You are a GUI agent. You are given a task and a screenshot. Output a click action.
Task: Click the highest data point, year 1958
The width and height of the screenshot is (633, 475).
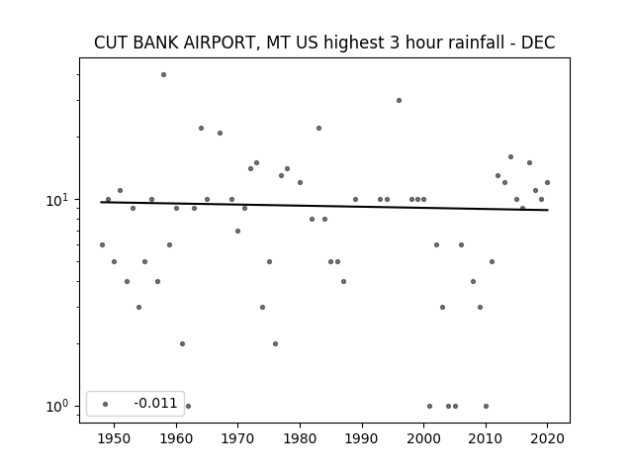pyautogui.click(x=163, y=75)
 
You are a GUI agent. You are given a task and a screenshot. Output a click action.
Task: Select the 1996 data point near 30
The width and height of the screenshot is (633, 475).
pyautogui.click(x=399, y=101)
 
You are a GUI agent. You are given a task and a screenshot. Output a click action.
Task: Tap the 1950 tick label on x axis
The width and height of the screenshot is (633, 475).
pyautogui.click(x=115, y=438)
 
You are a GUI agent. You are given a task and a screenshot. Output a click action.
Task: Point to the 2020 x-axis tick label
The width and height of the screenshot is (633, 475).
pyautogui.click(x=547, y=438)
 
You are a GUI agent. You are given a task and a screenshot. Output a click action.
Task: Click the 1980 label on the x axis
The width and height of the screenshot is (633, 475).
pyautogui.click(x=300, y=438)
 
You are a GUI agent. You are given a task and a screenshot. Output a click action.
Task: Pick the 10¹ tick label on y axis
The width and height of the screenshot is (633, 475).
pyautogui.click(x=57, y=200)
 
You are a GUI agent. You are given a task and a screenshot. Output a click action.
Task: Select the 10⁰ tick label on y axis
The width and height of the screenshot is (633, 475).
pyautogui.click(x=57, y=407)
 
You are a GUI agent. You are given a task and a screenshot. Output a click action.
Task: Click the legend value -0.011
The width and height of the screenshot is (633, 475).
pyautogui.click(x=155, y=403)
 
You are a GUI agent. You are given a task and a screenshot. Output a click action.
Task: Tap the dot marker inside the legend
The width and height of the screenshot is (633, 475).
pyautogui.click(x=106, y=404)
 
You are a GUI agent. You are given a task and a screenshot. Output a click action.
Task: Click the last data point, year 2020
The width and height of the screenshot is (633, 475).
pyautogui.click(x=547, y=182)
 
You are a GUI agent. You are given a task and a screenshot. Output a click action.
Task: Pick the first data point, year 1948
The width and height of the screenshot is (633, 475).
pyautogui.click(x=102, y=244)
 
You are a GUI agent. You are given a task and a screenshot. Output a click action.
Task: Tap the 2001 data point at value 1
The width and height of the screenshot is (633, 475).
pyautogui.click(x=429, y=407)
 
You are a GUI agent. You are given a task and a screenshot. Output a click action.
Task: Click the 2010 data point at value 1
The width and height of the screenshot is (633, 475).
pyautogui.click(x=486, y=407)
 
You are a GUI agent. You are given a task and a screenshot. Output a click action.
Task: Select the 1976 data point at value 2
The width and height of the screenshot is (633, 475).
pyautogui.click(x=275, y=343)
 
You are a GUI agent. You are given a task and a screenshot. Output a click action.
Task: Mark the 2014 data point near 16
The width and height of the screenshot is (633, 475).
pyautogui.click(x=510, y=156)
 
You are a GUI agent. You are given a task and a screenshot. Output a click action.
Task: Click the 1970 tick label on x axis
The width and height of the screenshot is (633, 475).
pyautogui.click(x=237, y=438)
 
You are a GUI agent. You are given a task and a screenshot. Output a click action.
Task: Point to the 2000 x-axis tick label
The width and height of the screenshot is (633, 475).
pyautogui.click(x=423, y=438)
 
